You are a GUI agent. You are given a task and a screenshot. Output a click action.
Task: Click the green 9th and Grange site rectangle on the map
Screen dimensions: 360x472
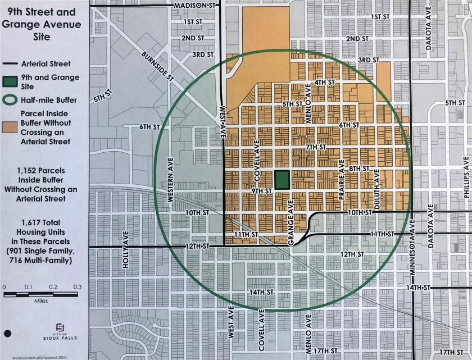click(283, 180)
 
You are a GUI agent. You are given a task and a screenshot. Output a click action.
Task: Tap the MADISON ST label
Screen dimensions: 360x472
click(195, 5)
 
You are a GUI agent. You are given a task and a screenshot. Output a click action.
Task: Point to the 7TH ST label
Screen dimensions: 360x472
click(316, 147)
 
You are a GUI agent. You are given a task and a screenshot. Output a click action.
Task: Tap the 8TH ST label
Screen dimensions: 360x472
click(357, 168)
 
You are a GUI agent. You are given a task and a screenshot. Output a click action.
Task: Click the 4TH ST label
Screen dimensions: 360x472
click(324, 82)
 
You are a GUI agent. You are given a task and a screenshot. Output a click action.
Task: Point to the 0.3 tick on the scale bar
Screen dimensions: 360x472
click(78, 288)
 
